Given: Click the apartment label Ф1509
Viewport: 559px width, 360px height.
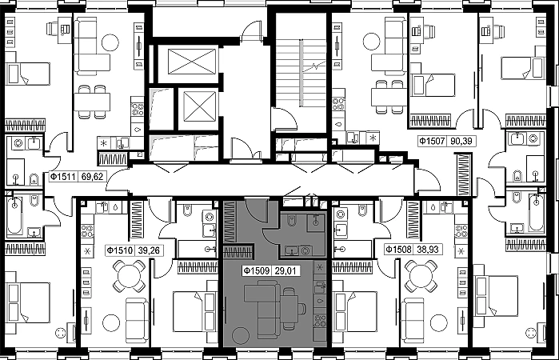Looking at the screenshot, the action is pyautogui.click(x=257, y=271).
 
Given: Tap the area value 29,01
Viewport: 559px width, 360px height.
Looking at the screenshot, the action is pyautogui.click(x=285, y=271).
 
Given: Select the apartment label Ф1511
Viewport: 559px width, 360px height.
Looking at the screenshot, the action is pyautogui.click(x=62, y=177).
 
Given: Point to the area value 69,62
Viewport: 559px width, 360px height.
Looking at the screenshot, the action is pyautogui.click(x=92, y=177).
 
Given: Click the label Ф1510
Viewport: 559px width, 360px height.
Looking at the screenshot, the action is pyautogui.click(x=120, y=250).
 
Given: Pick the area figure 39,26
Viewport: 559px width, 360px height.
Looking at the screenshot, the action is pyautogui.click(x=149, y=250).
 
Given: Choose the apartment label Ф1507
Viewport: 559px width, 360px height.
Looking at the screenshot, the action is pyautogui.click(x=432, y=142).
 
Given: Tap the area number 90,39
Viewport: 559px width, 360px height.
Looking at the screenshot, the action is pyautogui.click(x=461, y=142).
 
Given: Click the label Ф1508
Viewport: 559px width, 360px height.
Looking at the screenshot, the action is pyautogui.click(x=399, y=249).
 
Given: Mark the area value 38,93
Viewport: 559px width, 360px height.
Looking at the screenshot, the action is pyautogui.click(x=428, y=249).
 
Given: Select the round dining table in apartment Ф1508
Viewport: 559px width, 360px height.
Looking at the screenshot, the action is pyautogui.click(x=421, y=276).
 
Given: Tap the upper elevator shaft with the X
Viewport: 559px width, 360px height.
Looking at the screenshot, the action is pyautogui.click(x=192, y=62).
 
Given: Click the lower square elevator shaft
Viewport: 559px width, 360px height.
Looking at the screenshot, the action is pyautogui.click(x=201, y=106).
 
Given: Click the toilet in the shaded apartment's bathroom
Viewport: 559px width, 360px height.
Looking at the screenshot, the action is pyautogui.click(x=291, y=222).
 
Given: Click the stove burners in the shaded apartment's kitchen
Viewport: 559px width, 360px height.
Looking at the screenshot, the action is pyautogui.click(x=319, y=322).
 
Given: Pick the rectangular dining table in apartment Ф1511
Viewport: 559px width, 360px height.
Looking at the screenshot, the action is pyautogui.click(x=92, y=102).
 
